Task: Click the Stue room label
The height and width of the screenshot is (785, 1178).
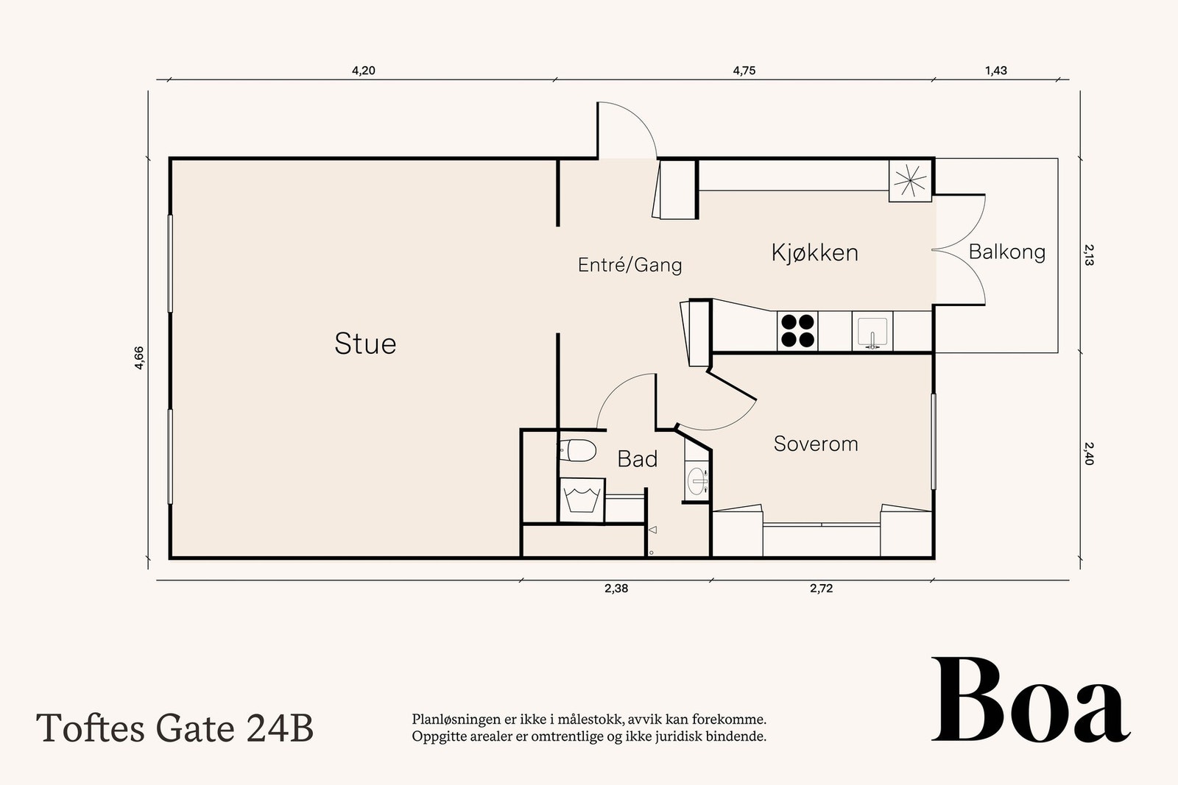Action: (x=365, y=344)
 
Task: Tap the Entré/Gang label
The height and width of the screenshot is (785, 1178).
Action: (x=629, y=265)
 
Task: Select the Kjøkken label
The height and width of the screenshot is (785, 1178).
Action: (x=814, y=253)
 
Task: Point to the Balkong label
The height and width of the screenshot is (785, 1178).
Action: (x=1006, y=252)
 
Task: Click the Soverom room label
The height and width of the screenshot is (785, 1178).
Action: (x=816, y=444)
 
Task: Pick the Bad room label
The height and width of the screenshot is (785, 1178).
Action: (x=638, y=459)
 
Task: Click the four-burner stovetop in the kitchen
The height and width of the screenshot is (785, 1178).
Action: (x=797, y=331)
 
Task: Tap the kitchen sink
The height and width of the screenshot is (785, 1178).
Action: (x=872, y=332)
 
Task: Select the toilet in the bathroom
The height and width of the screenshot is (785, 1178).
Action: (x=577, y=451)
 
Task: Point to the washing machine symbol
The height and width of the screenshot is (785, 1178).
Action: (x=582, y=500)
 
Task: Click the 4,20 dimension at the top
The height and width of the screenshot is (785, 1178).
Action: (x=364, y=71)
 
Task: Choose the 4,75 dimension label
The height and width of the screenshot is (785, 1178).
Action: (x=744, y=71)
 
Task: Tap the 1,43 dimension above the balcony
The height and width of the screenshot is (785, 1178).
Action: (x=996, y=71)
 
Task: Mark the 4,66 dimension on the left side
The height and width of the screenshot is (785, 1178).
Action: (x=139, y=358)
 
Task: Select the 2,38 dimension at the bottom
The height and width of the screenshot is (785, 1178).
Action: (x=616, y=589)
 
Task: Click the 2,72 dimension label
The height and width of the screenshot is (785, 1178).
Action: (x=822, y=589)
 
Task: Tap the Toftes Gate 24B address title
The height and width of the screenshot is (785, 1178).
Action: (x=174, y=728)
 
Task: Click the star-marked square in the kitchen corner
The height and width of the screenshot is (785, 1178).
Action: (x=910, y=181)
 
